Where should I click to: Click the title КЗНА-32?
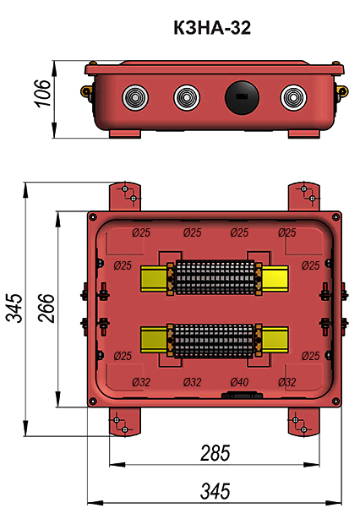pos(211,29)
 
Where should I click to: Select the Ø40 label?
pos(239,382)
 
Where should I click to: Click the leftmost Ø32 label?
pos(141,382)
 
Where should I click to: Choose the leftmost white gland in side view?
pos(134,97)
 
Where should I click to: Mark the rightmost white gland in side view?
pos(292,97)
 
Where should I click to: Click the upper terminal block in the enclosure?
pos(215,278)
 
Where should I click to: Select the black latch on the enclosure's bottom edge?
pos(237,395)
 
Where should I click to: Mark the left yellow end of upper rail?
pos(153,279)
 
